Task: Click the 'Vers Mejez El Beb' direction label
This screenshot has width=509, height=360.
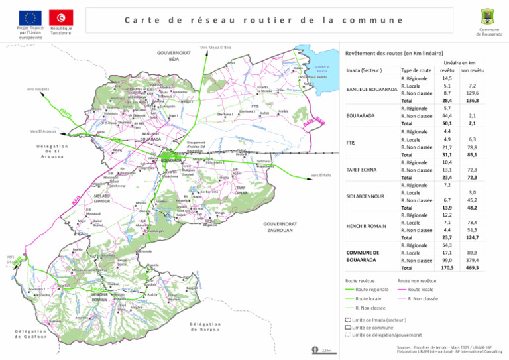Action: [x=215, y=47]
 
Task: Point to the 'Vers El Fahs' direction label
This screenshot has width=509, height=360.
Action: [x=321, y=176]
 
